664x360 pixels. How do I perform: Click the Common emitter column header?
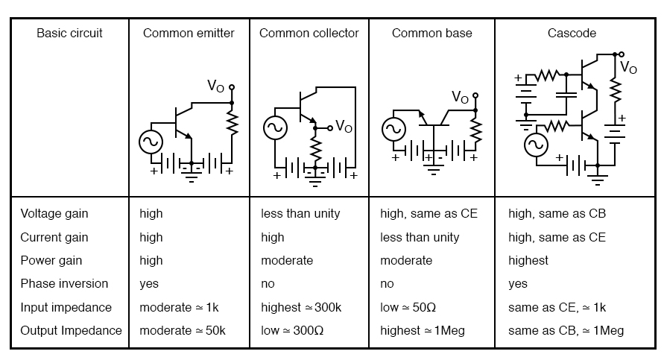coord(189,33)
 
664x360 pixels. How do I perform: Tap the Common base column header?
coord(431,33)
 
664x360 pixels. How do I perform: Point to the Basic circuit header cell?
coord(69,33)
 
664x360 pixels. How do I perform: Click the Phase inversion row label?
coord(64,283)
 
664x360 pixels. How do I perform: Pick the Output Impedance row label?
coord(71,330)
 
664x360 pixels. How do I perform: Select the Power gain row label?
coord(51,260)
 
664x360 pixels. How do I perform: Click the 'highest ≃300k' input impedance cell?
coord(300,307)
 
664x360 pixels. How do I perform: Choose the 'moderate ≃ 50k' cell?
coord(183,330)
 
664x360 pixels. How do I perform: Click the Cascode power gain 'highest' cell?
coord(528,260)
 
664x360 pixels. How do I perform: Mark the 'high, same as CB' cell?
coord(557,213)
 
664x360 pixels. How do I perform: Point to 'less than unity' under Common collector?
coord(300,213)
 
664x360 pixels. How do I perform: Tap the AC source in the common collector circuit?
coord(276,128)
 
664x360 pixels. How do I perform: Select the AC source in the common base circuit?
coord(393,130)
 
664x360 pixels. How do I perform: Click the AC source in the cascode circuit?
coord(536,145)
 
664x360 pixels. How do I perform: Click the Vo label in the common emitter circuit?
coord(215,86)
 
